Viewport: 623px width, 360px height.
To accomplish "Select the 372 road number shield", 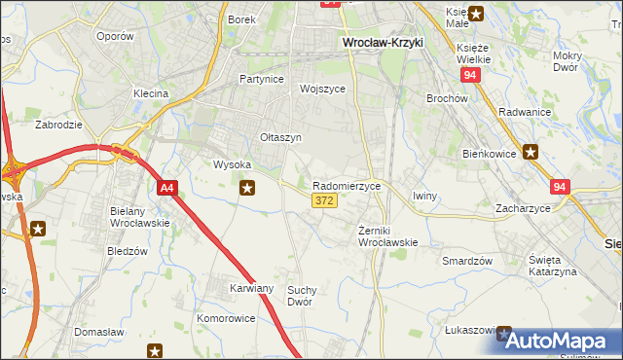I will pyautogui.click(x=325, y=200).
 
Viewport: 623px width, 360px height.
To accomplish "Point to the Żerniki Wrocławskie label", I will pyautogui.click(x=387, y=236).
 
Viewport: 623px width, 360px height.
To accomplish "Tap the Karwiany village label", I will pyautogui.click(x=251, y=288).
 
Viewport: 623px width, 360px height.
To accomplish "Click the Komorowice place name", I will pyautogui.click(x=226, y=318).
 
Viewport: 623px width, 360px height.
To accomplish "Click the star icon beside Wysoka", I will pyautogui.click(x=248, y=188).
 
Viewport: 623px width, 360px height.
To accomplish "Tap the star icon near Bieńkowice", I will pyautogui.click(x=531, y=151).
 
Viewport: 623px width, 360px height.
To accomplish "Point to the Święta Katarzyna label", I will pyautogui.click(x=552, y=266).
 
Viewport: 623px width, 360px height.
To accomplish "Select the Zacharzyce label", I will pyautogui.click(x=523, y=208).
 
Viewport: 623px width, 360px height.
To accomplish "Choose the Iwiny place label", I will pyautogui.click(x=424, y=196).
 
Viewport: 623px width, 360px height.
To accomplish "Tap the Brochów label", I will pyautogui.click(x=448, y=98).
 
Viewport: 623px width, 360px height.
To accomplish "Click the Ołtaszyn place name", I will pyautogui.click(x=281, y=137).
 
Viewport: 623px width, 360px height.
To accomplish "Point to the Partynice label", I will pyautogui.click(x=260, y=78).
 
